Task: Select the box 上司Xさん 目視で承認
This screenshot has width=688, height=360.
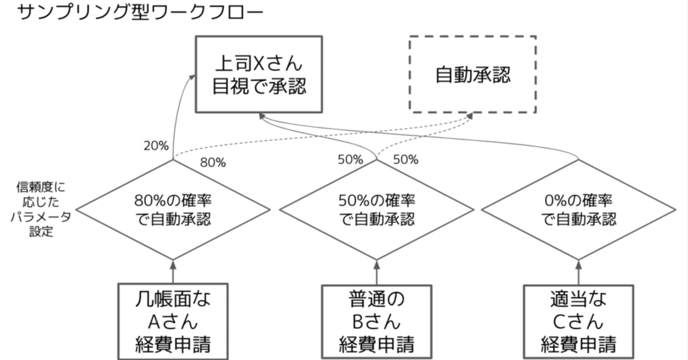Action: point(259,74)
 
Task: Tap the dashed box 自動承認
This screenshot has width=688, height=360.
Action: point(472,74)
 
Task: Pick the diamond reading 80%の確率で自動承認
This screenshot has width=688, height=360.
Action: point(173,210)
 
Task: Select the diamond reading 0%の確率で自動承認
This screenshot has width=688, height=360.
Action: point(578,210)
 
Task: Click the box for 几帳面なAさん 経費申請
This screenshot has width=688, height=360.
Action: point(173,321)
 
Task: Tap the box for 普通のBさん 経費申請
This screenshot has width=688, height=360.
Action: point(377,321)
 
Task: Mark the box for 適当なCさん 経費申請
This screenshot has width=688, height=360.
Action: point(578,321)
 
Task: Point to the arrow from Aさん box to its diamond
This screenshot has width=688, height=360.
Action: point(173,271)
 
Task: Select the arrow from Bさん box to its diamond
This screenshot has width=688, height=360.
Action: point(377,271)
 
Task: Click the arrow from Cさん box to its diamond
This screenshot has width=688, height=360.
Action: point(578,271)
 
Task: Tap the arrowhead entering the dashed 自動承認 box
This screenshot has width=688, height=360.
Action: point(471,116)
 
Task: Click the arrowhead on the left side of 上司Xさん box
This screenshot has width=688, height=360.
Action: point(192,78)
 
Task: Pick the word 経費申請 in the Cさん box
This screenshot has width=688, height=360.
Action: point(578,344)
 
